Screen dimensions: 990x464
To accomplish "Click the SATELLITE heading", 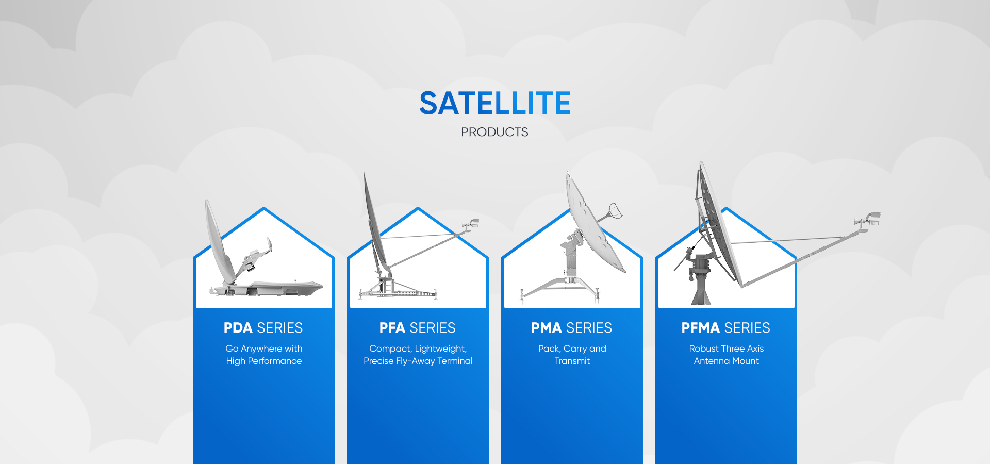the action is pyautogui.click(x=495, y=103).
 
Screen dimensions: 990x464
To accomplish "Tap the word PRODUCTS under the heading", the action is pyautogui.click(x=494, y=132).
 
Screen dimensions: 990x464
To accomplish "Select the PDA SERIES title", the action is pyautogui.click(x=263, y=328).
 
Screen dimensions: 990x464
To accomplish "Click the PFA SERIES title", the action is pyautogui.click(x=418, y=328).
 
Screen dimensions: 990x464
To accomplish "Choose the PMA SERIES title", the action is pyautogui.click(x=572, y=328).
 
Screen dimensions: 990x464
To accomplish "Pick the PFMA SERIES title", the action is pyautogui.click(x=726, y=328).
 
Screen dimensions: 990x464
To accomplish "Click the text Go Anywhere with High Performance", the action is pyautogui.click(x=264, y=355).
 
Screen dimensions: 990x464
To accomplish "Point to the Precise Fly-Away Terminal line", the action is pyautogui.click(x=418, y=361).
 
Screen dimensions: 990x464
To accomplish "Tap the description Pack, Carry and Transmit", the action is pyautogui.click(x=572, y=355).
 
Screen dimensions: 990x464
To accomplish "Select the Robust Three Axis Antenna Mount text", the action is pyautogui.click(x=727, y=355).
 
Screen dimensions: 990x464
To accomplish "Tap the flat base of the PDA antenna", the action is pyautogui.click(x=268, y=288).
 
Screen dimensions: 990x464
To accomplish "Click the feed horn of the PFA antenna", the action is pyautogui.click(x=471, y=225).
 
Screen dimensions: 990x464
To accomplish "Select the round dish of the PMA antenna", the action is pyautogui.click(x=593, y=222).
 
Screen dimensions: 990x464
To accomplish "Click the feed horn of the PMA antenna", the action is pyautogui.click(x=616, y=210).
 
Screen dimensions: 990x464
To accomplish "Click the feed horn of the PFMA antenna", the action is pyautogui.click(x=869, y=219).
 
